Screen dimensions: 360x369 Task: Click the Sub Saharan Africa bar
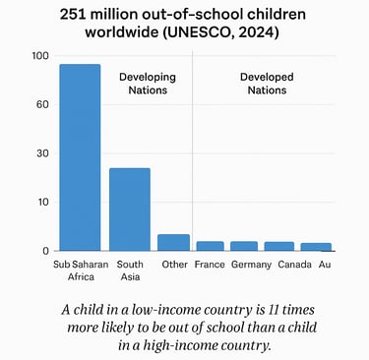coord(80,157)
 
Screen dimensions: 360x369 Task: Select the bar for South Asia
coord(129,210)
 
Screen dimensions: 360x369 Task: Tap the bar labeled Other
coord(174,242)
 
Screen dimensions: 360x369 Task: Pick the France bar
coord(210,246)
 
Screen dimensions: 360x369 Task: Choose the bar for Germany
coord(244,246)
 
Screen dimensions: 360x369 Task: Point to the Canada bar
coord(278,246)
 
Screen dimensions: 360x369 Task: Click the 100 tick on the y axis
coord(39,56)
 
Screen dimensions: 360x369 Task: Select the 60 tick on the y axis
coord(42,104)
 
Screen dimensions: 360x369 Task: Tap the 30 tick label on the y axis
coord(42,153)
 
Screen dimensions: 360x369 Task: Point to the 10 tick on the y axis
coord(42,203)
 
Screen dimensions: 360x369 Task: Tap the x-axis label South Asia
coord(129,270)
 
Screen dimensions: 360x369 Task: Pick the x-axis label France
coord(210,265)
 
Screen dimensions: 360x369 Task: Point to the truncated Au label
coord(325,265)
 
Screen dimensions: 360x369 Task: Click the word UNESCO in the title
coord(223,32)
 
